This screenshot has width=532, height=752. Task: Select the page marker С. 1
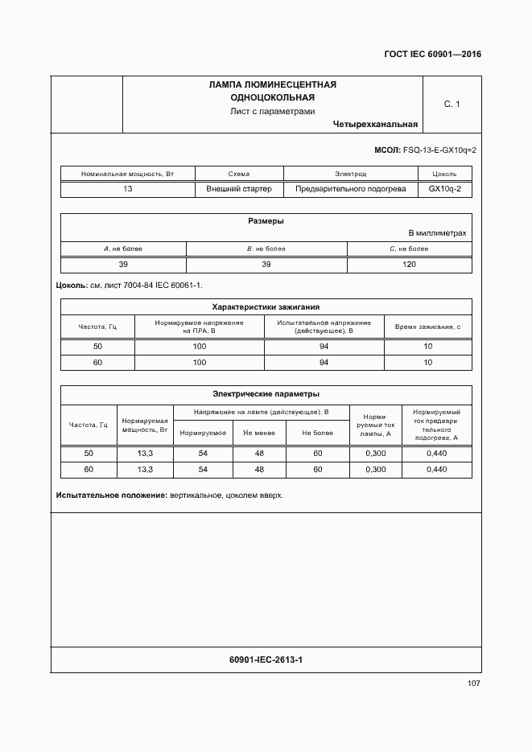451,104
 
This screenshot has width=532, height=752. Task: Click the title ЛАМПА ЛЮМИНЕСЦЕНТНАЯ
272,84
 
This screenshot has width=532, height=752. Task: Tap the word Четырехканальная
374,125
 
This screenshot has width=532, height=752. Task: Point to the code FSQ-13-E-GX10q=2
438,150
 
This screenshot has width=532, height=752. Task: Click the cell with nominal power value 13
128,189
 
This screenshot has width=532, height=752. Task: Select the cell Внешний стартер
239,189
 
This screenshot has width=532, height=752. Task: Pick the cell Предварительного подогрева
350,189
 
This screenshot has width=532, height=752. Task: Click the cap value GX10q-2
444,189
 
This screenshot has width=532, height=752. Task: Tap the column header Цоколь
444,174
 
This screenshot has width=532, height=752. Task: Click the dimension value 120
409,264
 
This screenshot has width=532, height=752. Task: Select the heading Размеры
266,221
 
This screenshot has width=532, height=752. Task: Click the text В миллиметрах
437,233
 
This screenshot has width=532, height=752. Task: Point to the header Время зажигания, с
427,326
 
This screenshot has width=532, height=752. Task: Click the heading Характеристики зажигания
266,306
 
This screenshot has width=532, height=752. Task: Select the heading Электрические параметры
266,394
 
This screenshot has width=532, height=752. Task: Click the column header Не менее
259,433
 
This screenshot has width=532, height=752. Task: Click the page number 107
472,684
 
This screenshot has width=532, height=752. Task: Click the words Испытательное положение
111,495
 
